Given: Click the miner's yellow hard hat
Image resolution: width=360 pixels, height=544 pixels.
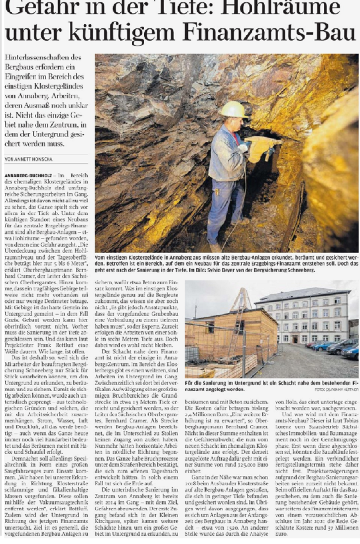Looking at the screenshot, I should point(233,110).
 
